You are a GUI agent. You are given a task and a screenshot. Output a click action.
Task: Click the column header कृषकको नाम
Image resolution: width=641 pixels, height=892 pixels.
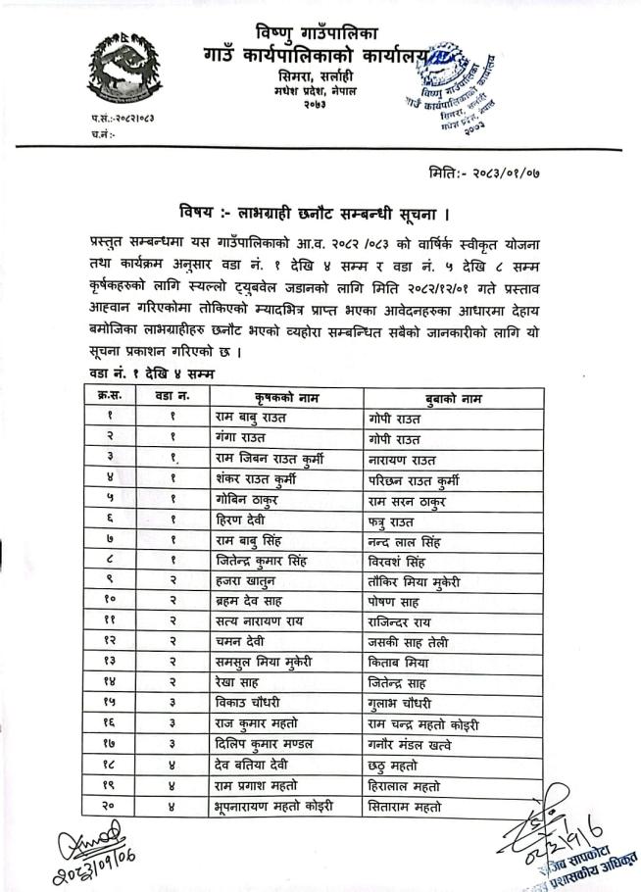(x=286, y=397)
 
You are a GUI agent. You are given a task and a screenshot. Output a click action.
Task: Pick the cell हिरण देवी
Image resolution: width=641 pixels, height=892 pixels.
(x=240, y=520)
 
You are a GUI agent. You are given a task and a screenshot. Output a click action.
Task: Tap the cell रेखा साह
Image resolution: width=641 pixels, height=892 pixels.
(x=238, y=684)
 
